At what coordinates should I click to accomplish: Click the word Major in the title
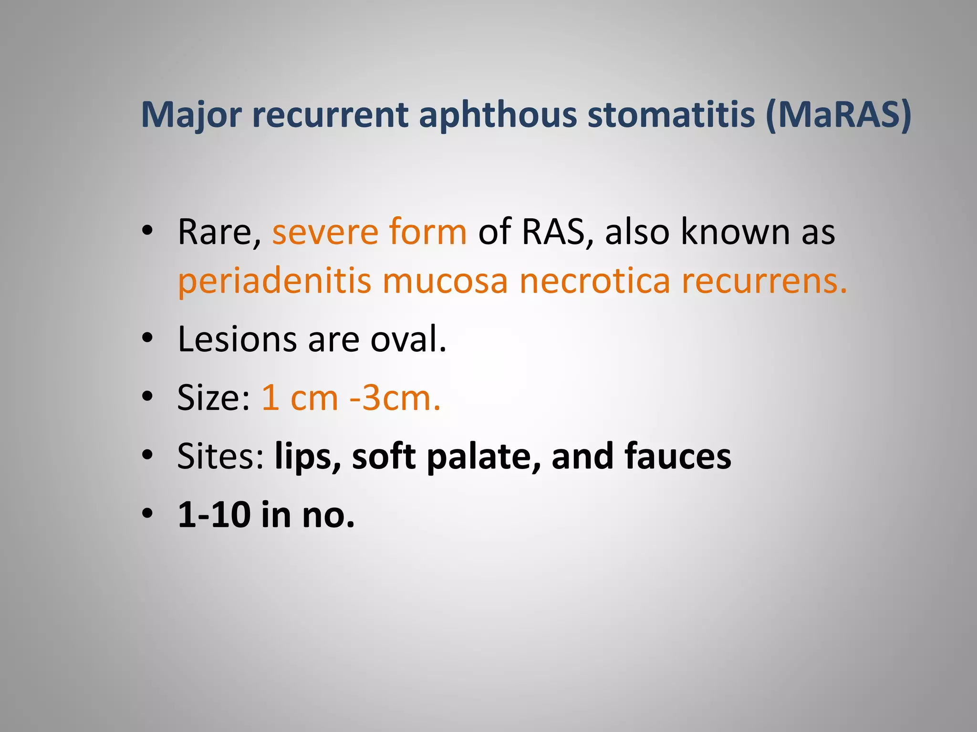(192, 115)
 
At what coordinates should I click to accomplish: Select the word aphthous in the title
(498, 115)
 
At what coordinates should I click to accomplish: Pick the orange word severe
(325, 233)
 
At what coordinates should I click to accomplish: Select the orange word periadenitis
(274, 281)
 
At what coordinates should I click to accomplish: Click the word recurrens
(764, 281)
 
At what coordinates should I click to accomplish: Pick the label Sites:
(220, 457)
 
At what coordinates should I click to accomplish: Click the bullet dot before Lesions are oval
(147, 338)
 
